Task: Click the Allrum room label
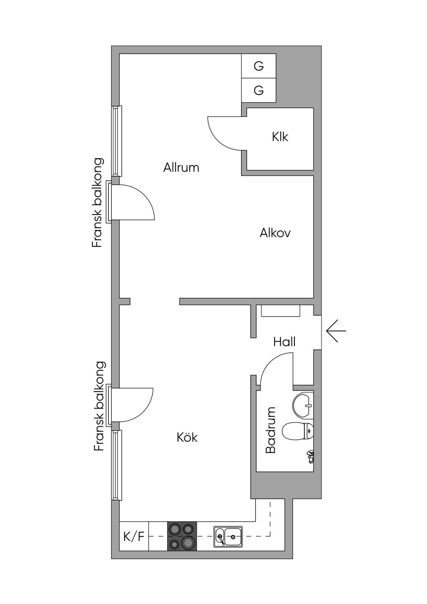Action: [181, 167]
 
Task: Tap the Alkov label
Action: [275, 233]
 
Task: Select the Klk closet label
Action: [280, 137]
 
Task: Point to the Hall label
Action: [284, 342]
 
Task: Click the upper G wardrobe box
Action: [259, 66]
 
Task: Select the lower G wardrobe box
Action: [259, 91]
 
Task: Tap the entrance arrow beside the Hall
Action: [336, 331]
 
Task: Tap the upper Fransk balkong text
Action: [97, 203]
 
